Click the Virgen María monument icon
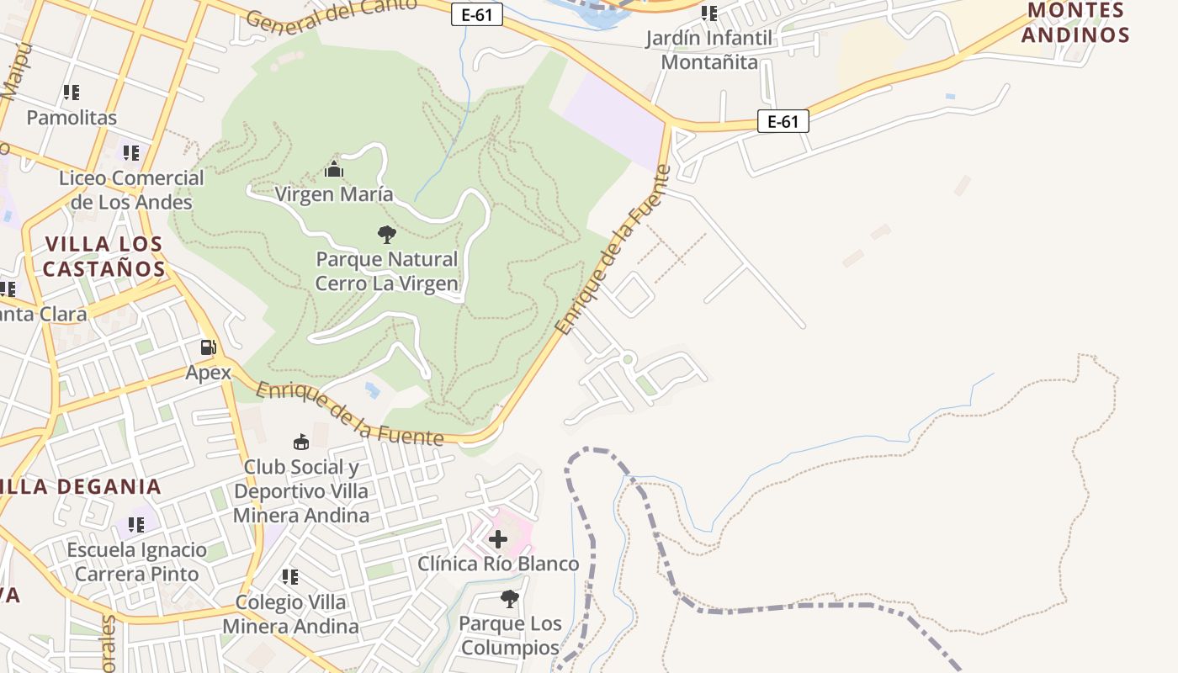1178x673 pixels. (334, 170)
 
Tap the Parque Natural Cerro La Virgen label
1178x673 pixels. (387, 271)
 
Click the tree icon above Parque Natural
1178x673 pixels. (387, 234)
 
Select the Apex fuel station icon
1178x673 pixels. (208, 347)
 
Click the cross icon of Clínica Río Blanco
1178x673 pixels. (498, 538)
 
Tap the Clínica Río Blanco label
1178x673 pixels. (498, 564)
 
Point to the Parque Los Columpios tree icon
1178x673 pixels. (509, 599)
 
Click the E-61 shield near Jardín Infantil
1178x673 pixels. (477, 14)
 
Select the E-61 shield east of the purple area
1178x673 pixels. (783, 121)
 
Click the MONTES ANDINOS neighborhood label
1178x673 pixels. (1076, 23)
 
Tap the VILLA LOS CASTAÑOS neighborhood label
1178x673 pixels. (103, 257)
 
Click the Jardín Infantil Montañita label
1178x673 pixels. (709, 50)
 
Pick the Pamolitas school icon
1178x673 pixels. (72, 93)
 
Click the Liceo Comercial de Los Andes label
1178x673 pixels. (131, 190)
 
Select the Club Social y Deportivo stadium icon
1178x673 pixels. (301, 442)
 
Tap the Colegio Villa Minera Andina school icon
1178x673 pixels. (290, 577)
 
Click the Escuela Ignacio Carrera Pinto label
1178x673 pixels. (136, 562)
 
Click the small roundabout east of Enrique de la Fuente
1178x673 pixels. (627, 359)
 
